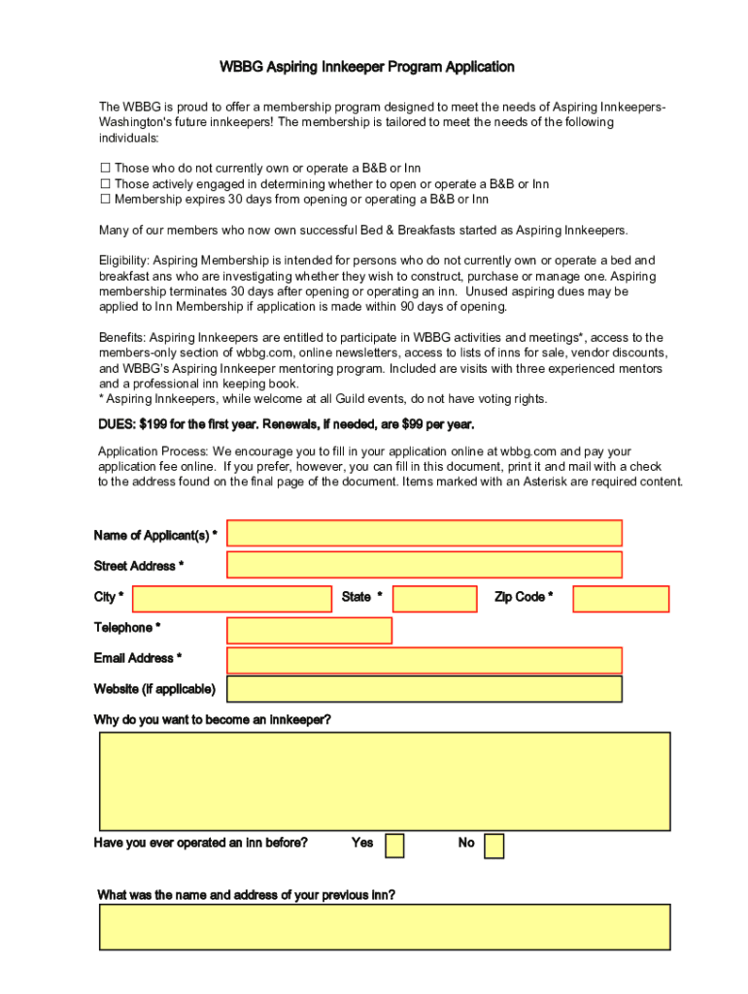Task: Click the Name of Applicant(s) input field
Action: pyautogui.click(x=424, y=533)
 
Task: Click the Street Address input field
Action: pyautogui.click(x=424, y=564)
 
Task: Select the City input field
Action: pyautogui.click(x=231, y=599)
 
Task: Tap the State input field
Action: pyautogui.click(x=434, y=599)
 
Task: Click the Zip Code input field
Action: pyautogui.click(x=621, y=599)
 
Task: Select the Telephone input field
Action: pyautogui.click(x=309, y=630)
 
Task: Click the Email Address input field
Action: pyautogui.click(x=424, y=660)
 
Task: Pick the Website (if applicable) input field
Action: pyautogui.click(x=424, y=689)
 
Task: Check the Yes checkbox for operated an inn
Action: pyautogui.click(x=394, y=845)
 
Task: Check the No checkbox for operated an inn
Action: pyautogui.click(x=493, y=845)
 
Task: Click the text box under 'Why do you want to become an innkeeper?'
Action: pyautogui.click(x=384, y=781)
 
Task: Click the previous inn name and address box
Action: pyautogui.click(x=384, y=927)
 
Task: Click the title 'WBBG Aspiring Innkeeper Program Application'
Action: pyautogui.click(x=366, y=67)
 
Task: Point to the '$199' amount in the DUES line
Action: pyautogui.click(x=154, y=425)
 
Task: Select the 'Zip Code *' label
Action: pyautogui.click(x=524, y=597)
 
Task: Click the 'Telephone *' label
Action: pyautogui.click(x=127, y=628)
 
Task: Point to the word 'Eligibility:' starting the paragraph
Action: pyautogui.click(x=123, y=260)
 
